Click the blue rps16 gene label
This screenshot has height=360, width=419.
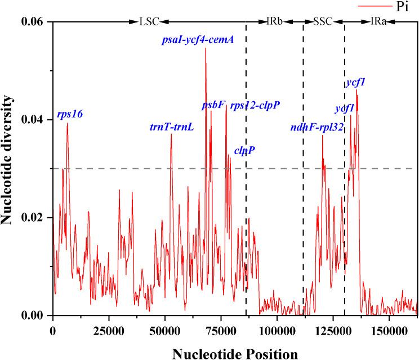click(70, 114)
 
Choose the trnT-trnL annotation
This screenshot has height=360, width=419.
click(172, 127)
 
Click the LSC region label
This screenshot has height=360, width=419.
click(149, 22)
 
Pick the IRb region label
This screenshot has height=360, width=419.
click(274, 22)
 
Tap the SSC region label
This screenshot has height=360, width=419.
click(323, 22)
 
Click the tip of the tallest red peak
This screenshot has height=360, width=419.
click(206, 49)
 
